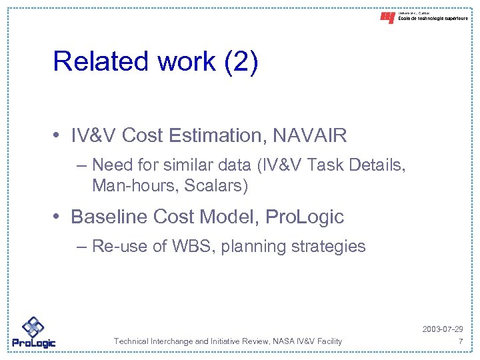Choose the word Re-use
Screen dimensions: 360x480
click(x=119, y=247)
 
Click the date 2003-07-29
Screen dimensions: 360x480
click(x=442, y=330)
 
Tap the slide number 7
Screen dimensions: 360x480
click(x=460, y=341)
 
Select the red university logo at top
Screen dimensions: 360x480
click(x=387, y=17)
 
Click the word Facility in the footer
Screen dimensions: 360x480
click(x=327, y=341)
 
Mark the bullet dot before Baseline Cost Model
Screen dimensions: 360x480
click(x=60, y=217)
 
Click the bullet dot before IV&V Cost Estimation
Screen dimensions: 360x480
click(x=60, y=137)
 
